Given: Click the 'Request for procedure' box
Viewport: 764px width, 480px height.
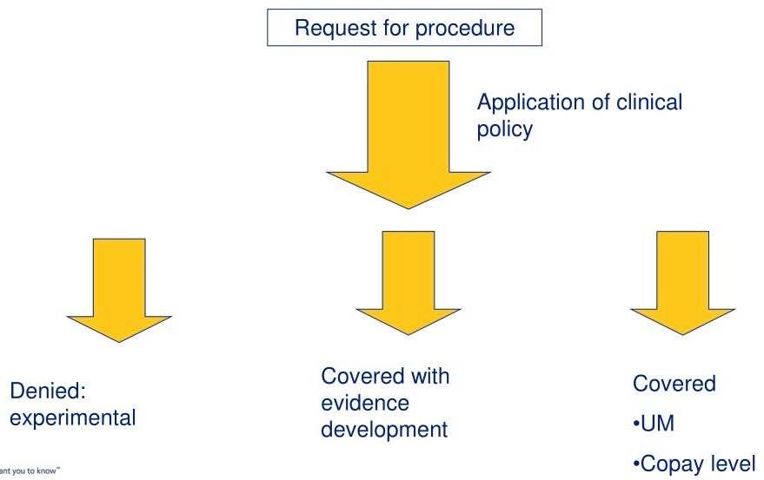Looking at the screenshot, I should [404, 28].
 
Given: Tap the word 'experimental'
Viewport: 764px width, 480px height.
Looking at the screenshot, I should [73, 418].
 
